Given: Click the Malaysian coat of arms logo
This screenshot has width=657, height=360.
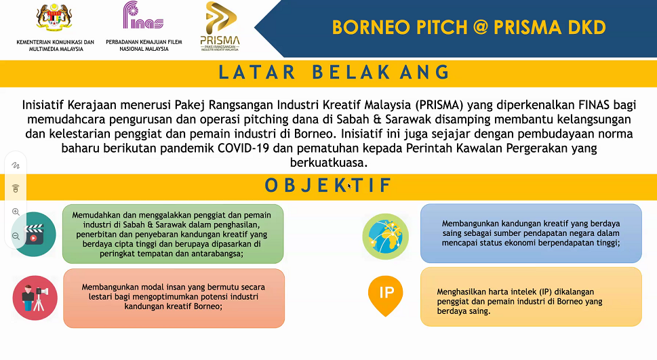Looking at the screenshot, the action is click(54, 17).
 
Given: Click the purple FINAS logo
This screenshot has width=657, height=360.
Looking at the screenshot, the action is click(143, 15).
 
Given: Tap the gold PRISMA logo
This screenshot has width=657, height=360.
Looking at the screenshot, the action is click(220, 26).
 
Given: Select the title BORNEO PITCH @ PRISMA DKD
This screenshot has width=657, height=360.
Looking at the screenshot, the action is click(469, 27).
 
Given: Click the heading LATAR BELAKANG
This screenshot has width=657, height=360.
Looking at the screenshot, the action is click(334, 73).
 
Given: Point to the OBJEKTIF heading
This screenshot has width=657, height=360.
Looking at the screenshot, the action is click(328, 186).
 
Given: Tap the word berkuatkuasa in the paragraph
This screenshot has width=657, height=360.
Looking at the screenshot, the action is click(328, 163).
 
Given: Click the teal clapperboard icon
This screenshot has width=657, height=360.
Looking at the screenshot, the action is click(35, 234).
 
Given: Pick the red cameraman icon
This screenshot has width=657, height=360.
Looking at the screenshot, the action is click(35, 298).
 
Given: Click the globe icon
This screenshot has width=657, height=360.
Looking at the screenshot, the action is click(386, 237).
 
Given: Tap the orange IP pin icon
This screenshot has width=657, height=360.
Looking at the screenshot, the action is click(386, 296).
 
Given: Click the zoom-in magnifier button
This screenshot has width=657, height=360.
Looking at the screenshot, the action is click(16, 212).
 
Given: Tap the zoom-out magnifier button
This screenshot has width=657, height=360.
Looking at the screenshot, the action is click(16, 236).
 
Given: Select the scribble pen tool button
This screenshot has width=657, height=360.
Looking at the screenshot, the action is click(16, 165).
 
